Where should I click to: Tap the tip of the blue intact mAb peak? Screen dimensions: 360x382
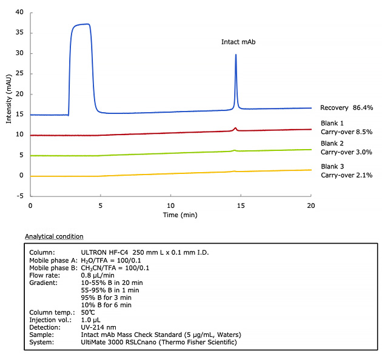click(236, 55)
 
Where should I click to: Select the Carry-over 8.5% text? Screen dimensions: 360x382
click(346, 132)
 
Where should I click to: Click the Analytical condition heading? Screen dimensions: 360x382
click(54, 236)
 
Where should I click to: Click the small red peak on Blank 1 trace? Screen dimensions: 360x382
click(235, 128)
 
